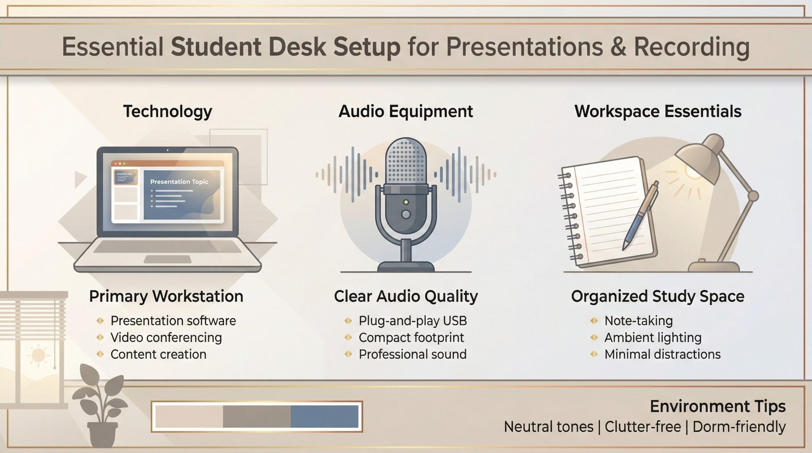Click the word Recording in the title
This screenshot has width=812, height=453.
[x=691, y=47]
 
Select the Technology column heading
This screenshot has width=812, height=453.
[x=167, y=111]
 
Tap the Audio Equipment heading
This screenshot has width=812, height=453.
[x=405, y=111]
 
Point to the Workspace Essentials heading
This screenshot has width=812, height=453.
[x=658, y=111]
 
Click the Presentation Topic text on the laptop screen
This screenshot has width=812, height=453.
[x=179, y=182]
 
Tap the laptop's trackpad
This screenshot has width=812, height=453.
[x=167, y=259]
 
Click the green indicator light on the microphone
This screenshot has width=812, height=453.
[x=405, y=202]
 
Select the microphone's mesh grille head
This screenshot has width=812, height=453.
[x=405, y=162]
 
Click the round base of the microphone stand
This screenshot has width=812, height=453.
[x=405, y=266]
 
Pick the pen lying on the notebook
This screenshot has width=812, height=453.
[x=640, y=216]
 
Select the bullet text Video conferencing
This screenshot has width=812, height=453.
[x=166, y=337]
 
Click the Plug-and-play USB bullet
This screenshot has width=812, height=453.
[x=412, y=321]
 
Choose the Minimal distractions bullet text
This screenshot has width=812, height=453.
[x=662, y=354]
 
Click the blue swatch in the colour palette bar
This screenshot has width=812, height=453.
[x=324, y=416]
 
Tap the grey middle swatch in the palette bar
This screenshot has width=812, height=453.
[x=256, y=416]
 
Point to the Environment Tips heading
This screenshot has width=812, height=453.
[x=717, y=406]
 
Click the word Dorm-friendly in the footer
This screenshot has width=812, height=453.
[x=738, y=427]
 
